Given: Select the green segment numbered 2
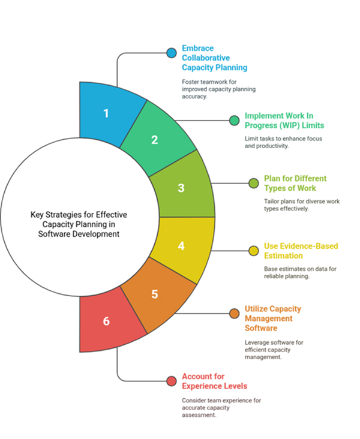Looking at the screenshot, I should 155,140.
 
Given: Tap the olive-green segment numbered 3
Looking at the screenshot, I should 181,188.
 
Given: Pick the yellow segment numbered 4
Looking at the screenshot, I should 181,246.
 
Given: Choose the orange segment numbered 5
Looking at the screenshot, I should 155,294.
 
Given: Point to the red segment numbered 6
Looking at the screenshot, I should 107,321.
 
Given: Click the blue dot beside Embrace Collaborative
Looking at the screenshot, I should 172,53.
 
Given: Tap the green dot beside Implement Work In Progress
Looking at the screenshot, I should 235,121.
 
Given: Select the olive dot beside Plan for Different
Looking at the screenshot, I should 254,184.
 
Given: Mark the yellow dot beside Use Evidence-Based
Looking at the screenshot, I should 254,250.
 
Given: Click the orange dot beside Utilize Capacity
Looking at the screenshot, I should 235,313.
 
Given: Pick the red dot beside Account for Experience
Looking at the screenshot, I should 172,380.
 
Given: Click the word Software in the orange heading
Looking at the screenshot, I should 261,328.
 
